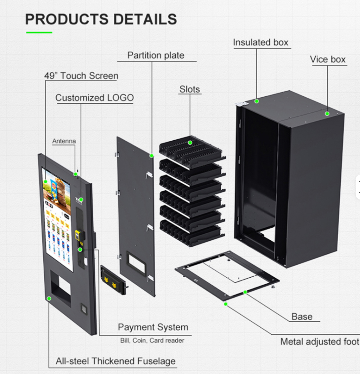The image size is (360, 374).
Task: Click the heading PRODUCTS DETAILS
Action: tap(101, 19)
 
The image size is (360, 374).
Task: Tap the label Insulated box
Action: tap(261, 43)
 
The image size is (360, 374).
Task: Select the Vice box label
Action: tap(328, 60)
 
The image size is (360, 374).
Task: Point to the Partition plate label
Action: tap(156, 55)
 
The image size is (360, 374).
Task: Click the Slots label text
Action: tap(190, 89)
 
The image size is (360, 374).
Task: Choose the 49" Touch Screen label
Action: tap(81, 76)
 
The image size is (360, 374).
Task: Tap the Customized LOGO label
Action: tap(94, 98)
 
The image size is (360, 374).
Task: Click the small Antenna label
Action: tap(64, 141)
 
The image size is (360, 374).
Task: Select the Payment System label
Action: tap(153, 327)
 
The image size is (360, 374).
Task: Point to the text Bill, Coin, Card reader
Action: tap(152, 340)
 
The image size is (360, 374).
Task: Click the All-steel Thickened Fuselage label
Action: tap(116, 361)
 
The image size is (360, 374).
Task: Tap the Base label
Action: tap(302, 317)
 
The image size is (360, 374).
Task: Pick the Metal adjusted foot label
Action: tap(320, 342)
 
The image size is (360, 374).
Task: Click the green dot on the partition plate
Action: tap(152, 155)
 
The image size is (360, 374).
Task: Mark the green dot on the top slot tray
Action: tap(190, 143)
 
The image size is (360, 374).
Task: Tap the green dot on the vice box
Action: tap(327, 113)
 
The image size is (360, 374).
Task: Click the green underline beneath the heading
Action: tap(39, 33)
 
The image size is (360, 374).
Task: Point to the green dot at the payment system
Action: tap(80, 249)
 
